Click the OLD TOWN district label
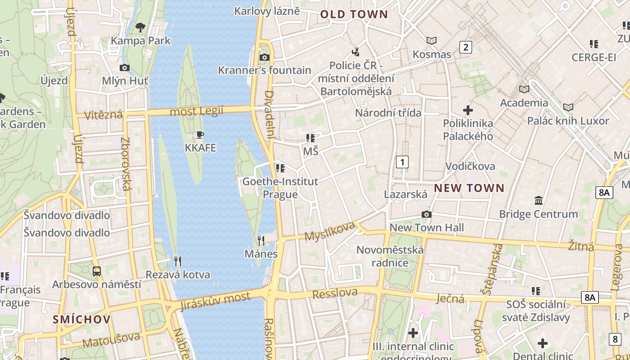354,14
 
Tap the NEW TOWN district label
469,188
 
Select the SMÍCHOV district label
81,319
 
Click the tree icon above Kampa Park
140,27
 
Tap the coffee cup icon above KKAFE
200,135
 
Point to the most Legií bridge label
197,111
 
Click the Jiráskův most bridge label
215,301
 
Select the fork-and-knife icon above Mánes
261,241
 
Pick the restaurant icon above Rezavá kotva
178,261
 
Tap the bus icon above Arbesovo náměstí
97,271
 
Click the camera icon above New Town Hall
426,215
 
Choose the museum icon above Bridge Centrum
538,201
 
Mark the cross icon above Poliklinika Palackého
468,110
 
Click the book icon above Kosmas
432,41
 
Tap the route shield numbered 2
465,47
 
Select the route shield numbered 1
402,162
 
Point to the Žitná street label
580,247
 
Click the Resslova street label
335,293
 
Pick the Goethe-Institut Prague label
280,188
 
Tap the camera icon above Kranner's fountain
265,57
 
